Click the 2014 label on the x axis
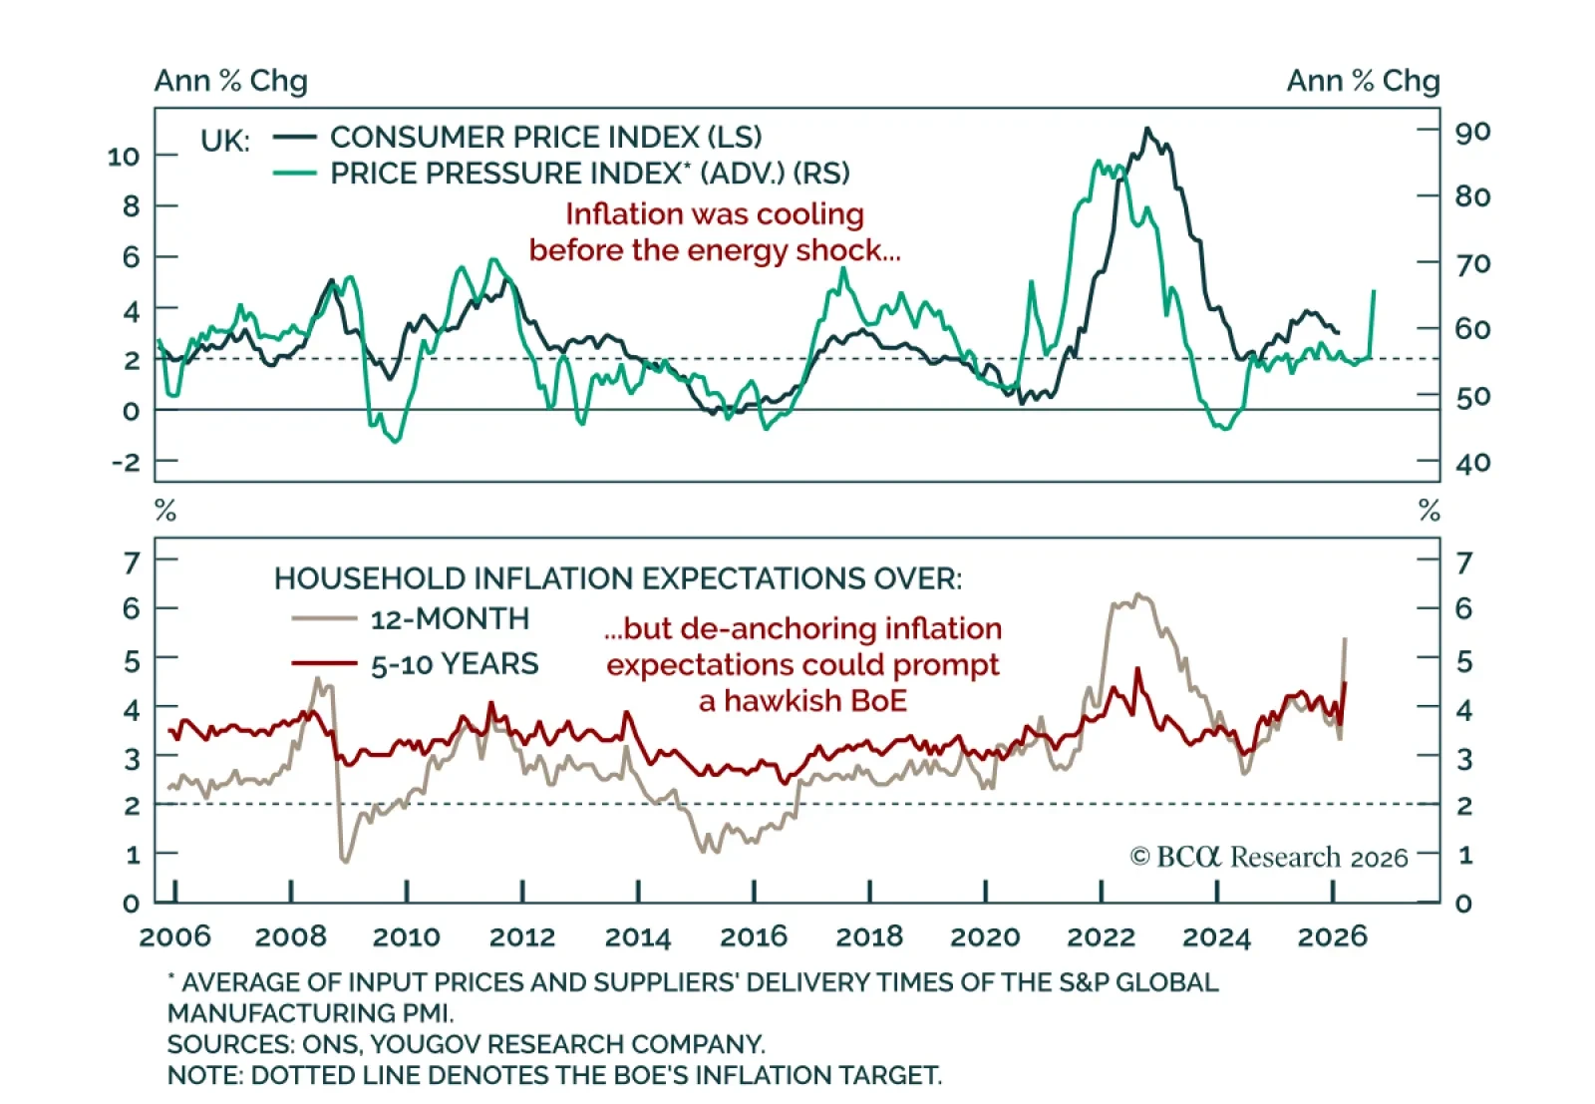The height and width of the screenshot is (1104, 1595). tap(637, 937)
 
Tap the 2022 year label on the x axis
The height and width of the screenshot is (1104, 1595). tap(1101, 937)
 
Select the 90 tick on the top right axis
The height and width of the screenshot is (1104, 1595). tap(1471, 132)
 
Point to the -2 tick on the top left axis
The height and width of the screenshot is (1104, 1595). tap(126, 462)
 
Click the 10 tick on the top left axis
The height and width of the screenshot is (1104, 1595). tap(124, 157)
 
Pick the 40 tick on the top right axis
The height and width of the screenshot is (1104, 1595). tap(1471, 463)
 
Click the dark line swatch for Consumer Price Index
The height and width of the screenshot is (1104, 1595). tap(295, 137)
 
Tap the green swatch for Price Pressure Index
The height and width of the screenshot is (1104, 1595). tap(295, 174)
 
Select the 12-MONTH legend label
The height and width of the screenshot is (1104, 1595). tap(450, 619)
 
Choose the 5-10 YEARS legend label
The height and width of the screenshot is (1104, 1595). tap(455, 664)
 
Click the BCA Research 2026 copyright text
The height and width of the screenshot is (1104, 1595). tap(1268, 858)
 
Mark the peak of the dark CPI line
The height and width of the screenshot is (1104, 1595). tap(1147, 129)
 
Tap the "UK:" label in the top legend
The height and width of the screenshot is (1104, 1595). tap(224, 141)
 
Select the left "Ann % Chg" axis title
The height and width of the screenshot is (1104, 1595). tap(230, 81)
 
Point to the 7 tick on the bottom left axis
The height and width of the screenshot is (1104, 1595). tap(132, 563)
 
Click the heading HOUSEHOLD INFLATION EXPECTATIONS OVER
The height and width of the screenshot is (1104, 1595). tap(618, 578)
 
